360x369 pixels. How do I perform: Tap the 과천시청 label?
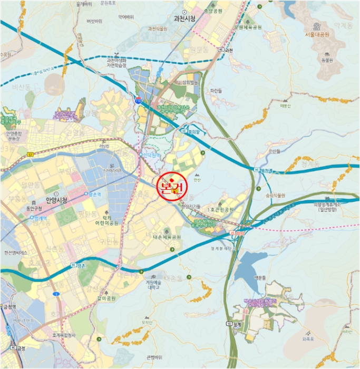pos(184,18)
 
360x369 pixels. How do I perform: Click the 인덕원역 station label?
pos(151,154)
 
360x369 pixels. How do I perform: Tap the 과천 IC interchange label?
pos(228,51)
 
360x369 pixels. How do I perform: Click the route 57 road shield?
pos(31,154)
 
